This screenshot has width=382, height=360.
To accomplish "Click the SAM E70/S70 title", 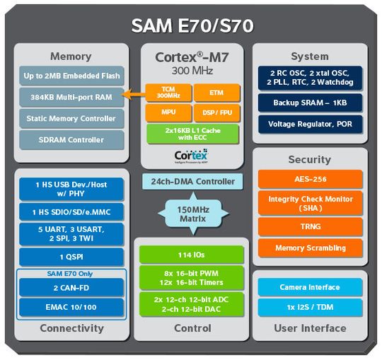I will (x=191, y=25).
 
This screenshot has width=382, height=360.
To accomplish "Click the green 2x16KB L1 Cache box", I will (x=191, y=134).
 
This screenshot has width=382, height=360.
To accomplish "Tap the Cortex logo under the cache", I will (x=190, y=155).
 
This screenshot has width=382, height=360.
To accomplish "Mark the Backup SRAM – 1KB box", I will (x=310, y=103).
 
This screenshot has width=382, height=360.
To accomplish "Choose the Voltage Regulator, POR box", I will (x=310, y=124).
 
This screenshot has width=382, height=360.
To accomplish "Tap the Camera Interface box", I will (x=310, y=287).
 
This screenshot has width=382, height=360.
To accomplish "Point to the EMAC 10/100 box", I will (x=71, y=308).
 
